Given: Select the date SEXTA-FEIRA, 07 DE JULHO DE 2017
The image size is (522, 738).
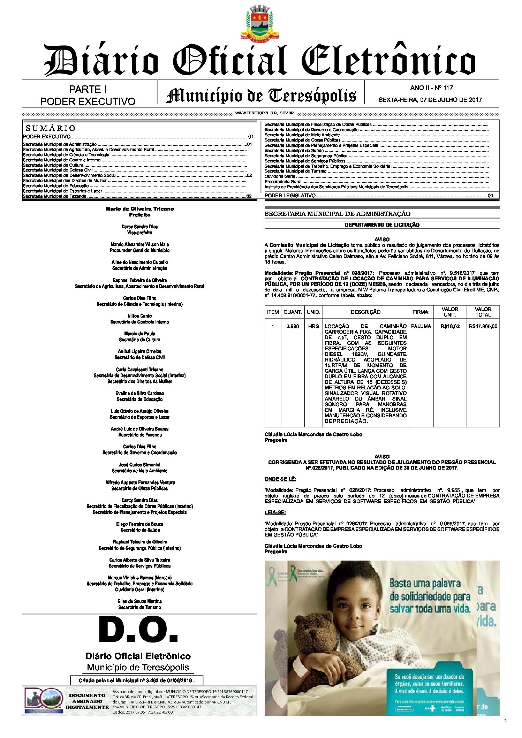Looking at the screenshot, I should point(430,100).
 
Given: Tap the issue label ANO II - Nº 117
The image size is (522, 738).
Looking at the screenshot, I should point(431,88).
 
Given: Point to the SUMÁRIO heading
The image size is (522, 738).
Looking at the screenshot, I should point(51,128).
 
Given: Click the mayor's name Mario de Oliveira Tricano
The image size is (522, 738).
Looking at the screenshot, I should point(139,209).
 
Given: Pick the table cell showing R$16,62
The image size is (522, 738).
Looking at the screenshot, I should point(450,326).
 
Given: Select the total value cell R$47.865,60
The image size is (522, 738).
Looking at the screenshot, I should point(483,326).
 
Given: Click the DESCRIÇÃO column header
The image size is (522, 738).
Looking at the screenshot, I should point(365,312).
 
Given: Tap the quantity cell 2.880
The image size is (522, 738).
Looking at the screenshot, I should point(292,326).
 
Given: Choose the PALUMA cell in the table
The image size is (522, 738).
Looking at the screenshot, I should point(421,326).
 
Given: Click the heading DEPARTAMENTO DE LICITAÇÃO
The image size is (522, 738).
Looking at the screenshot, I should point(382,225).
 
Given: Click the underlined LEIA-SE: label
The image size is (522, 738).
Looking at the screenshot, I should point(275,512).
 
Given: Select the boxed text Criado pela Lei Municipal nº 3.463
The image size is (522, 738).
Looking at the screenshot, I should point(136,680).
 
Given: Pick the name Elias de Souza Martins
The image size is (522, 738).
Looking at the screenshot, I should point(139,601).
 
